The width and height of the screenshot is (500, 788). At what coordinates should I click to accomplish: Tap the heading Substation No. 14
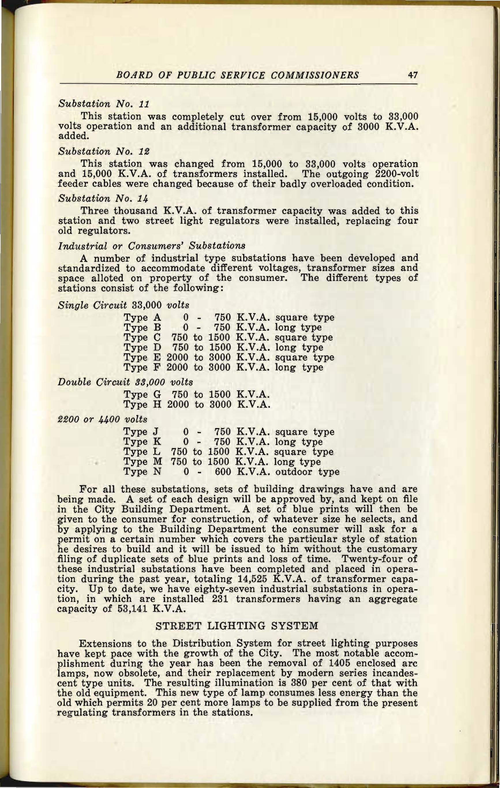[x=103, y=199]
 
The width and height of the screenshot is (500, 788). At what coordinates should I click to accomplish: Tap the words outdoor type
[x=307, y=472]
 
